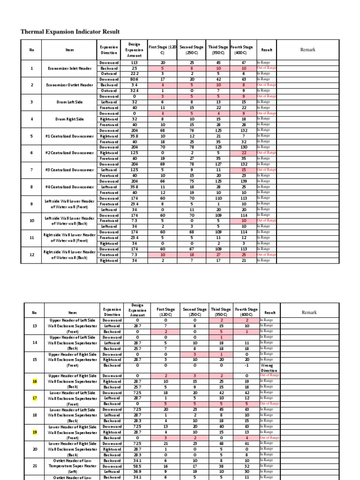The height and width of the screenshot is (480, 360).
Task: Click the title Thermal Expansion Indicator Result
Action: click(x=70, y=32)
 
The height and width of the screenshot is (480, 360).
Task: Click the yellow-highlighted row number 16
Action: click(x=34, y=382)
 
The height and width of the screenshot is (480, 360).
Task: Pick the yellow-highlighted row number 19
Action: click(x=34, y=432)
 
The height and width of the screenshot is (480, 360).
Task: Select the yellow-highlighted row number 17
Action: click(x=34, y=398)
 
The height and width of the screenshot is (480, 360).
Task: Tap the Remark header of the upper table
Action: click(x=307, y=50)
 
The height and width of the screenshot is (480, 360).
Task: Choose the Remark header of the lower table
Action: click(x=309, y=312)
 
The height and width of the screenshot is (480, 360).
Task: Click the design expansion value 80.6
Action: click(x=135, y=79)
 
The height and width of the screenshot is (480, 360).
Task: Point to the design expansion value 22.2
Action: click(x=135, y=74)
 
